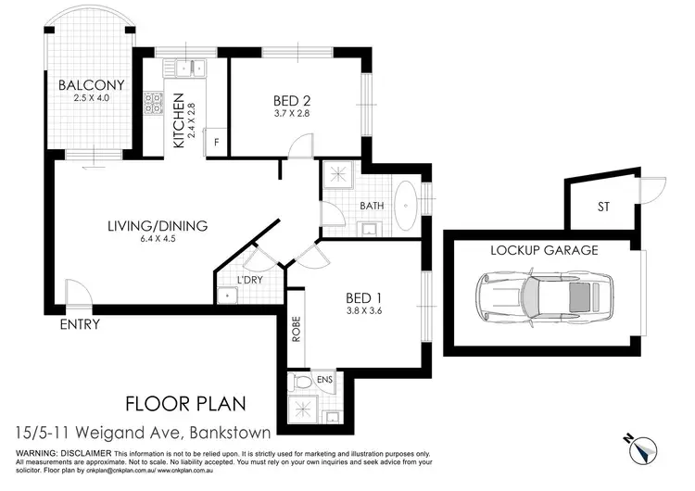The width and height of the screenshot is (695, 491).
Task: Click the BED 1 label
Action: (x=364, y=297)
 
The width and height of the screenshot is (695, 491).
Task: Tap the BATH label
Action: (x=372, y=206)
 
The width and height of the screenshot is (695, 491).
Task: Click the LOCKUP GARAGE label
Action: (x=544, y=250)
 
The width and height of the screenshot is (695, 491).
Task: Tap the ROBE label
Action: (x=296, y=330)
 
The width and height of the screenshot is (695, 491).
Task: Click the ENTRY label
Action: (x=80, y=324)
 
